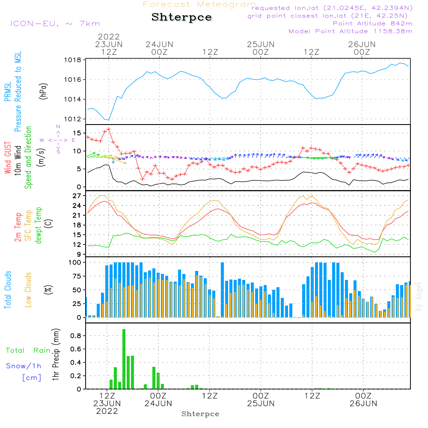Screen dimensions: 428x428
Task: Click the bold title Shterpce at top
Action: click(181, 18)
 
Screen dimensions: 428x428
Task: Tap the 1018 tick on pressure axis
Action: click(73, 60)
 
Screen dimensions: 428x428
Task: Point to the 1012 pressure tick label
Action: click(73, 119)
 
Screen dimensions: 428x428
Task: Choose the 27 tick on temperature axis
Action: click(76, 196)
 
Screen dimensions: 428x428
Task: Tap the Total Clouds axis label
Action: click(8, 289)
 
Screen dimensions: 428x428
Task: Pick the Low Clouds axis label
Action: click(28, 289)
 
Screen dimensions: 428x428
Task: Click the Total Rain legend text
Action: click(28, 351)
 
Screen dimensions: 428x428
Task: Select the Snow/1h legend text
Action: click(24, 366)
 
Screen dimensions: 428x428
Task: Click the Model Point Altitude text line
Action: click(350, 31)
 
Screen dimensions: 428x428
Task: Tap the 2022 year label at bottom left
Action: click(107, 411)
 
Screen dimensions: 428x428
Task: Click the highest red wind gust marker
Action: click(109, 129)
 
